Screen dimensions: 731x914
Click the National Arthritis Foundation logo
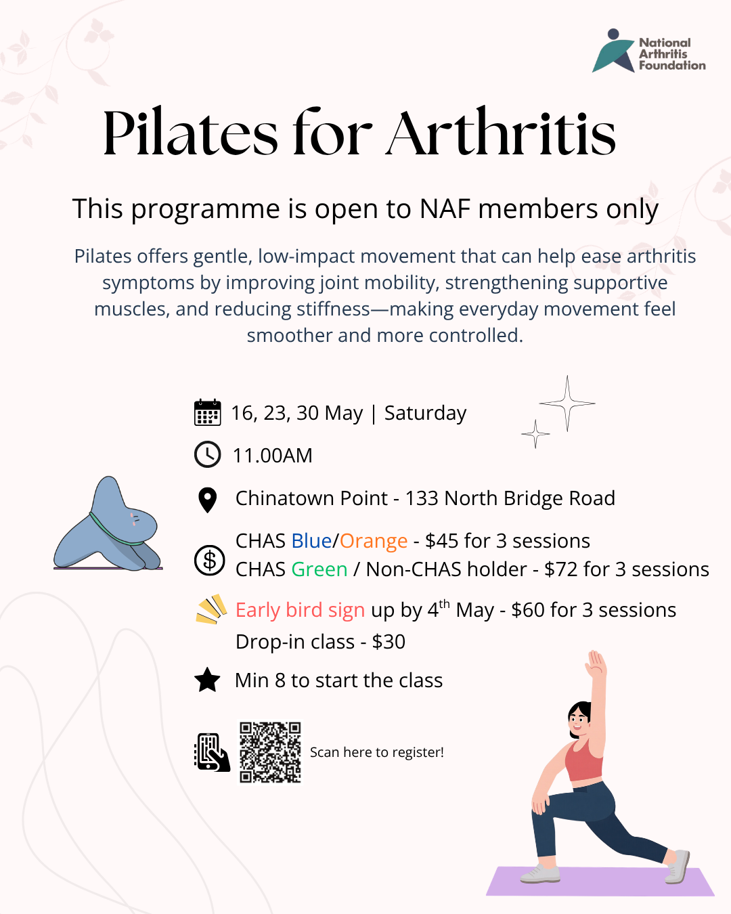(x=648, y=51)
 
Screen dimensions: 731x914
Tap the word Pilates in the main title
(x=190, y=133)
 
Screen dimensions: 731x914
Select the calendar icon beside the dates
(x=207, y=412)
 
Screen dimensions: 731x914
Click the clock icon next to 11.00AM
(x=207, y=454)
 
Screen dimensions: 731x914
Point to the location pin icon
(x=207, y=500)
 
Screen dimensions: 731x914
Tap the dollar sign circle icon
(x=209, y=560)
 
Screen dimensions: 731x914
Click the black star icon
(x=207, y=680)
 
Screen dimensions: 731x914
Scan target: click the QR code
(x=270, y=752)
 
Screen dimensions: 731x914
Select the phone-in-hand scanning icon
(x=212, y=752)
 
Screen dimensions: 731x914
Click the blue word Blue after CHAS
(x=311, y=541)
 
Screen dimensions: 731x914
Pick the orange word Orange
(x=374, y=542)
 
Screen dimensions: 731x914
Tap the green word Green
(x=319, y=569)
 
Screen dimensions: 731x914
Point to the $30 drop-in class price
(x=389, y=642)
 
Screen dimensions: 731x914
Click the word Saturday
(x=425, y=413)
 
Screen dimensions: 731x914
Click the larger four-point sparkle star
(x=567, y=404)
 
